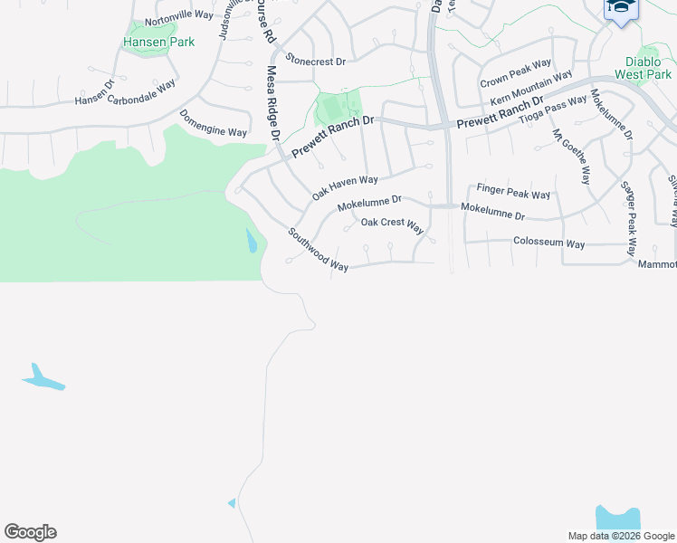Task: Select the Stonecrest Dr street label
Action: click(x=316, y=61)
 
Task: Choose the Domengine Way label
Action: click(x=213, y=125)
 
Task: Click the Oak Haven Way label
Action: click(x=345, y=187)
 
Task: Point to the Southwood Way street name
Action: click(x=318, y=249)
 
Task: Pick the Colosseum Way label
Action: click(x=548, y=243)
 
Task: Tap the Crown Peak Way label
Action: click(x=515, y=71)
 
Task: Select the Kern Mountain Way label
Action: click(x=531, y=87)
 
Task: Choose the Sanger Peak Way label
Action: click(x=627, y=218)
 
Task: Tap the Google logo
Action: click(x=30, y=532)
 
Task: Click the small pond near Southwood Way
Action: click(x=251, y=241)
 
